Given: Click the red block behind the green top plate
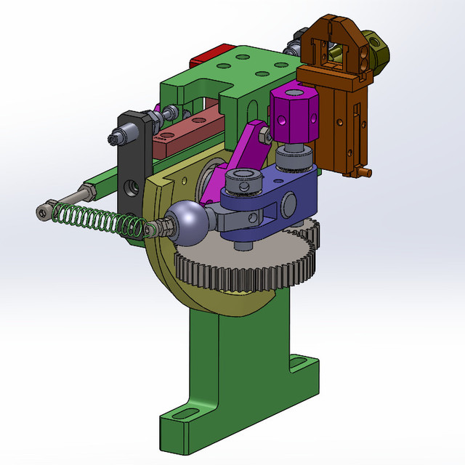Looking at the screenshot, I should point(209,56).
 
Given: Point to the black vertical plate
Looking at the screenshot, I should point(133,167).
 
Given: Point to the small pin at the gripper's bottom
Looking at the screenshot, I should point(370,173).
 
